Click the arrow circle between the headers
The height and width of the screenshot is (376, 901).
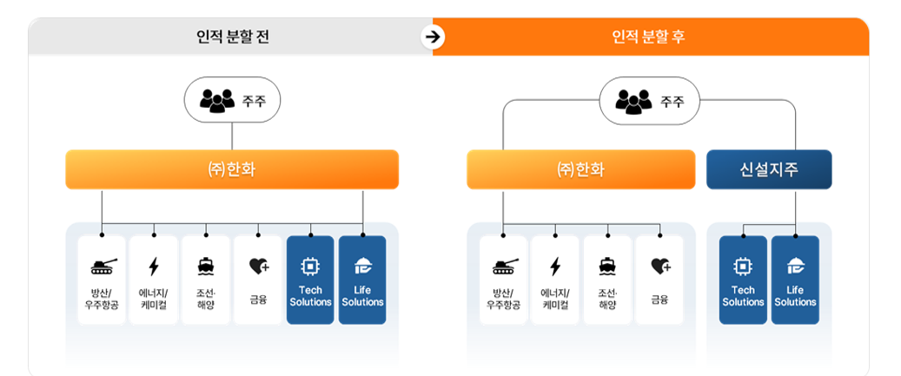[433, 37]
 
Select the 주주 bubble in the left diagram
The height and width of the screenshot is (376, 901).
[232, 101]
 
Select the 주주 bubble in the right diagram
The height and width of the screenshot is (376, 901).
[649, 102]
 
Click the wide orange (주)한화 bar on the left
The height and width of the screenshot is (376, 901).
[232, 169]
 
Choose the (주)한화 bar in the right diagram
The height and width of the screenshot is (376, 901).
[580, 169]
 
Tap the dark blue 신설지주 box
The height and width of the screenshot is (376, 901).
[768, 169]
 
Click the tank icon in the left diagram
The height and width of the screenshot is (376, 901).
[103, 266]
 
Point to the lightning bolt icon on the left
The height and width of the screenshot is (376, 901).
[154, 266]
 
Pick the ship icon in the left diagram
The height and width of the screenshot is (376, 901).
[206, 266]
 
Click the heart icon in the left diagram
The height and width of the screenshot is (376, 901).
[258, 266]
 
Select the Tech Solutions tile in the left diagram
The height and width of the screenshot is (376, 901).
[310, 280]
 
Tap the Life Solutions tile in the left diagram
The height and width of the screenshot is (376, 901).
[362, 280]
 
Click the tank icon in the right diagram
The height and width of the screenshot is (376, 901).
[504, 266]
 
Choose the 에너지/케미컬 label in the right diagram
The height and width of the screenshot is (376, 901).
[555, 299]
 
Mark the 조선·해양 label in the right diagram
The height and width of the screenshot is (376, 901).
[607, 299]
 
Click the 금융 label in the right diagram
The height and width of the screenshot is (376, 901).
[659, 299]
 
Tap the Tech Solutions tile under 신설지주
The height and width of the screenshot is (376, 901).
[743, 280]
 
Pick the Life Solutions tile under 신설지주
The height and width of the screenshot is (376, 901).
[795, 280]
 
